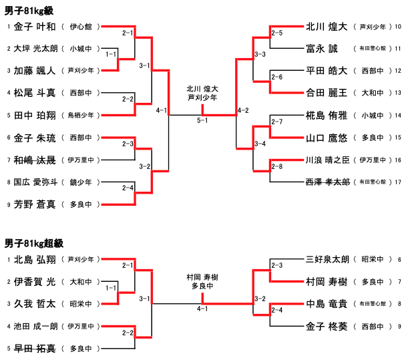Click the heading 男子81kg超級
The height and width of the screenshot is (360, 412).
pos(31,243)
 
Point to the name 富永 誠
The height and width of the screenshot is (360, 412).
pos(322,48)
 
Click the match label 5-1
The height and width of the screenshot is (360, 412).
pos(202,120)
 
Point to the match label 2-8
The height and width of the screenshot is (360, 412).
pos(276,166)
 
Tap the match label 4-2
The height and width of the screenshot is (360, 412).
pos(243,110)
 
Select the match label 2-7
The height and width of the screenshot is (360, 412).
pos(276,121)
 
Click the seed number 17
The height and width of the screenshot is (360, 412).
pos(398,181)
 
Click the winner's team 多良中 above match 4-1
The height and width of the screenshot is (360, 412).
pos(202,286)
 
